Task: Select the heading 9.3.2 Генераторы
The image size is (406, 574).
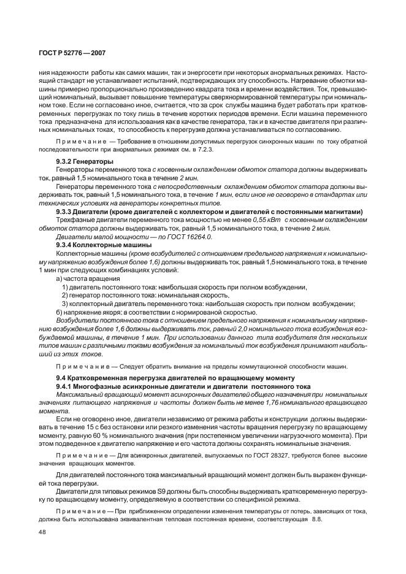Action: [80, 161]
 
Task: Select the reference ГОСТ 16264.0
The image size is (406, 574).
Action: [191, 236]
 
